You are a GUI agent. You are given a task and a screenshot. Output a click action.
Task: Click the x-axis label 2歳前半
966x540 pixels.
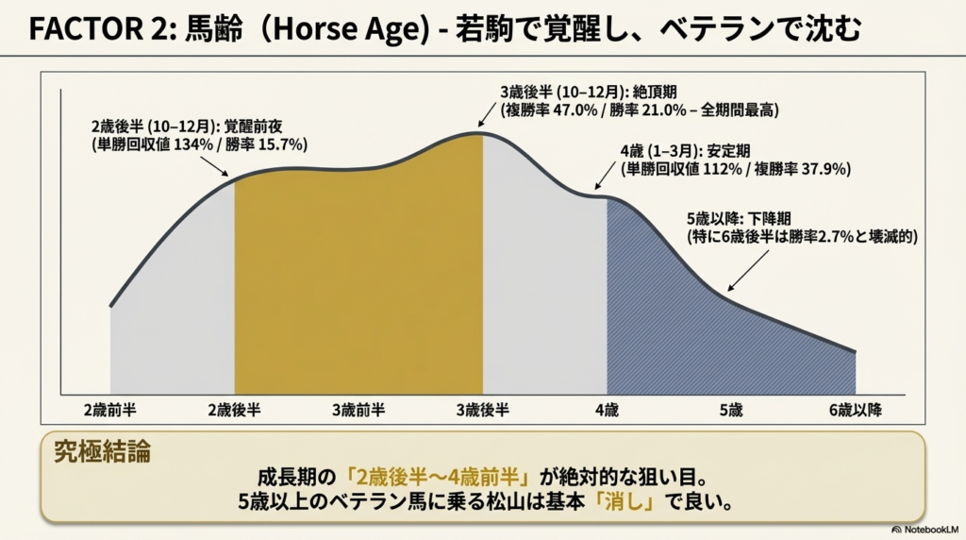[x=109, y=410]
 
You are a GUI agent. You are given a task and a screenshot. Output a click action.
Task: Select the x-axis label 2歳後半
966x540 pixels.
[x=235, y=410]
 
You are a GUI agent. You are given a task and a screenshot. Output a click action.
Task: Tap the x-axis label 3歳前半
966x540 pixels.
[x=358, y=410]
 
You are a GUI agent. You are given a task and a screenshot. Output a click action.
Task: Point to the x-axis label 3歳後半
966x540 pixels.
[x=483, y=410]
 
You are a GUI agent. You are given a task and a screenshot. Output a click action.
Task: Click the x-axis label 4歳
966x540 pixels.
[x=607, y=410]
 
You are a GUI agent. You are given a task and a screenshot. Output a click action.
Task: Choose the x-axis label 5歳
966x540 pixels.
[x=731, y=410]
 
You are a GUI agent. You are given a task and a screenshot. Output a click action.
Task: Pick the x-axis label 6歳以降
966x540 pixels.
[x=854, y=410]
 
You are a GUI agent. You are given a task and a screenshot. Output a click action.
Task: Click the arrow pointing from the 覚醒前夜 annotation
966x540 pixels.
[x=215, y=164]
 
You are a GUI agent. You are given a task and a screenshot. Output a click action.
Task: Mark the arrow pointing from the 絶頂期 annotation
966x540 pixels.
[x=488, y=114]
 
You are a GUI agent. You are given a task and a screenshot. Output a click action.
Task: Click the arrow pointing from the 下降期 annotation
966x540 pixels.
[x=744, y=270]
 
